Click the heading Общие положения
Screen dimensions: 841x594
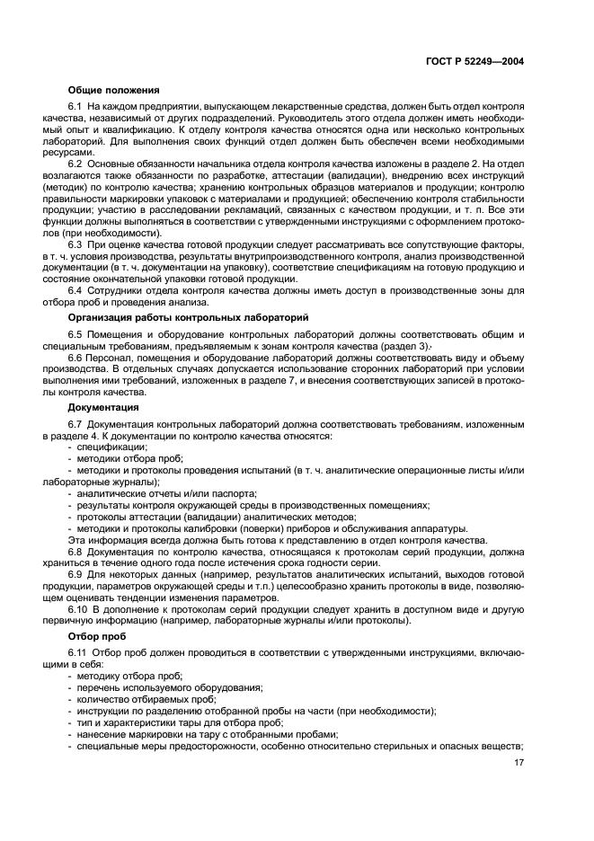pos(113,90)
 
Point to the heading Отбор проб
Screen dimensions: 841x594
pos(93,636)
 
